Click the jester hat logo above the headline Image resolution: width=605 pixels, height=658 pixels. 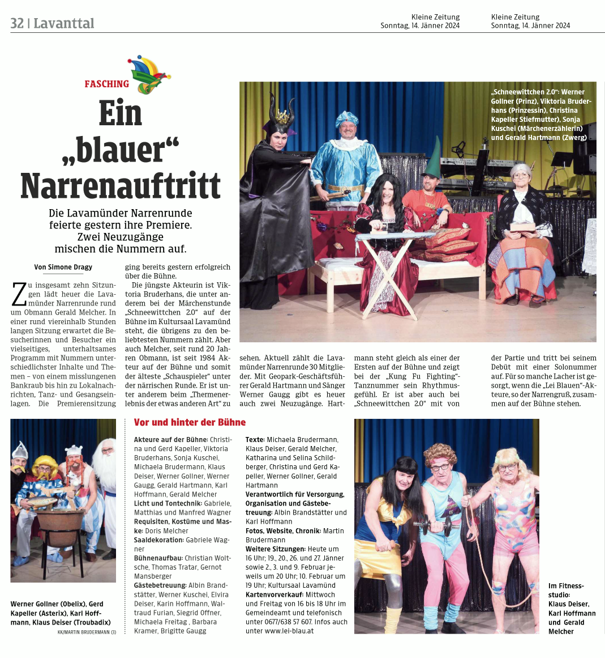[149, 74]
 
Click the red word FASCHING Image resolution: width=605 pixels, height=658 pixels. [107, 84]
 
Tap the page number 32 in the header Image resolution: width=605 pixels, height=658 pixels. [17, 23]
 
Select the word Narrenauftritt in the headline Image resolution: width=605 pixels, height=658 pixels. [121, 185]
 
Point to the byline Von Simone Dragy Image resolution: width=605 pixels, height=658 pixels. [63, 267]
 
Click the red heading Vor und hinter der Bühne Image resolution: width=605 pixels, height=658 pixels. [190, 422]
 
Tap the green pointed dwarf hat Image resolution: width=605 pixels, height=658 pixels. [434, 158]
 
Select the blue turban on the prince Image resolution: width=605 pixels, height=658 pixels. [346, 118]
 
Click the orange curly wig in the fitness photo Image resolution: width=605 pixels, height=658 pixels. [440, 453]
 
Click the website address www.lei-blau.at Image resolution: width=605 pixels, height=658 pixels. [289, 631]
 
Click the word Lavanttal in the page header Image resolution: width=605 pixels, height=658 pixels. [64, 23]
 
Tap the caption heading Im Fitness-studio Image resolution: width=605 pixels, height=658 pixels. [566, 590]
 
